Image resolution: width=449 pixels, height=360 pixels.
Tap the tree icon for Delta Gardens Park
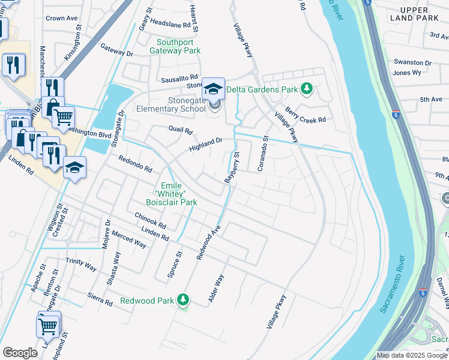pyautogui.click(x=307, y=89)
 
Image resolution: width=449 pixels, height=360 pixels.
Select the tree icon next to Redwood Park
pyautogui.click(x=184, y=300)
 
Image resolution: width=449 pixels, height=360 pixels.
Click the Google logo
pyautogui.click(x=20, y=353)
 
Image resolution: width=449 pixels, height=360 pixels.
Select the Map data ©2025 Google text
pyautogui.click(x=412, y=355)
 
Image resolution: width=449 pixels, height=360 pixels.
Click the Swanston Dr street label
pyautogui.click(x=412, y=62)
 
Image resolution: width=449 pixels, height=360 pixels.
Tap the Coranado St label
pyautogui.click(x=262, y=153)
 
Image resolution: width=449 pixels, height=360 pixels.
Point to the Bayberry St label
pyautogui.click(x=232, y=167)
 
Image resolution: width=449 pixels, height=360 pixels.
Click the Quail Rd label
pyautogui.click(x=180, y=130)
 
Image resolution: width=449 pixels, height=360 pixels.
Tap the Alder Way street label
pyautogui.click(x=215, y=288)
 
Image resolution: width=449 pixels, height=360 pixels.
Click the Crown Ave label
pyautogui.click(x=62, y=19)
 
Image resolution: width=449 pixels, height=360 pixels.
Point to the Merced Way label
pyautogui.click(x=128, y=239)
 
